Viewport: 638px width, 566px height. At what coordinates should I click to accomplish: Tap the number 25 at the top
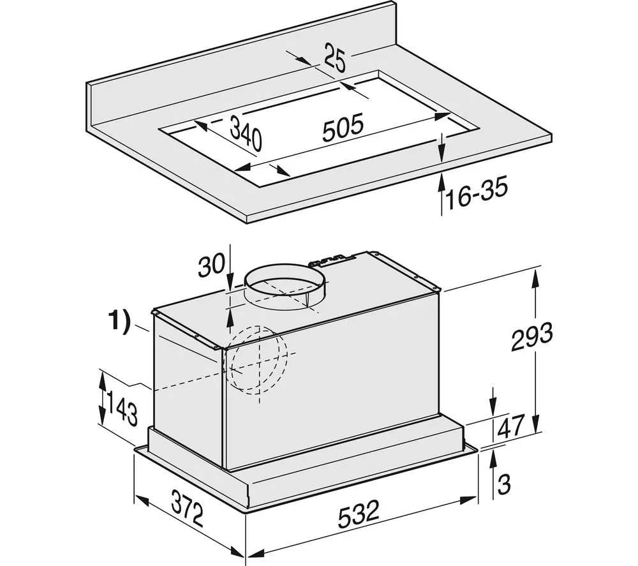point(334,58)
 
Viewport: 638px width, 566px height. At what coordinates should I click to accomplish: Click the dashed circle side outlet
point(261,361)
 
